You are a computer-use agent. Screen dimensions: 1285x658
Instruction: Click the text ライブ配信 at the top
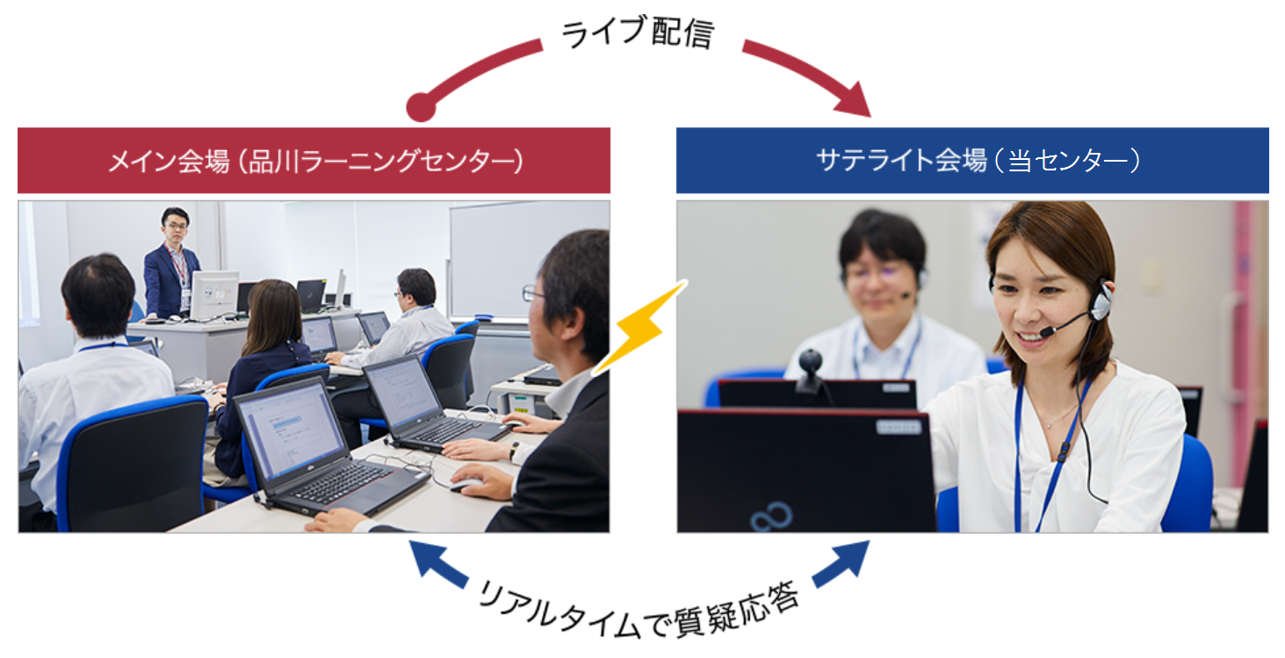638,33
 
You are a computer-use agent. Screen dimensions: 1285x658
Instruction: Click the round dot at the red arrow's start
421,106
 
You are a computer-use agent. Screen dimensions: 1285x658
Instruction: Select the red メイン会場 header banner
314,161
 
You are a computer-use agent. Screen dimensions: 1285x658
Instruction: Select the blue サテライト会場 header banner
972,161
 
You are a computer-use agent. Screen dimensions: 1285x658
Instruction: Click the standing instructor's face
176,227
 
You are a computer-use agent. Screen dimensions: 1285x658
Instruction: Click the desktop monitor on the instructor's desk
214,293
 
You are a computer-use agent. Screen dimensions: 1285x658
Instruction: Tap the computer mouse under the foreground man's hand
465,485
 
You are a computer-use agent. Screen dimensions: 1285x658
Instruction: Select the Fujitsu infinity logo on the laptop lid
771,517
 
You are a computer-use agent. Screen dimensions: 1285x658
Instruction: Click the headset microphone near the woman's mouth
1048,331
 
